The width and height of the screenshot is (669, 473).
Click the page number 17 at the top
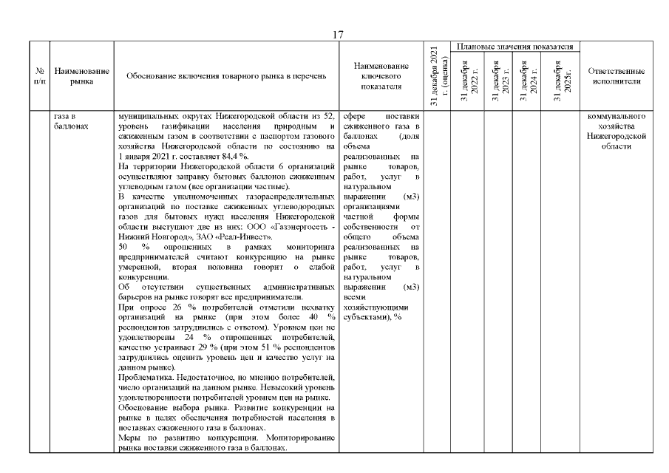click(339, 35)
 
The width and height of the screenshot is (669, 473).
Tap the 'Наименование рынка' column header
click(82, 76)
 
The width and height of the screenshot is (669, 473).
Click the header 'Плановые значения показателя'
click(515, 47)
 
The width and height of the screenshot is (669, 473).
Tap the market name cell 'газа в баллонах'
click(72, 120)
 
